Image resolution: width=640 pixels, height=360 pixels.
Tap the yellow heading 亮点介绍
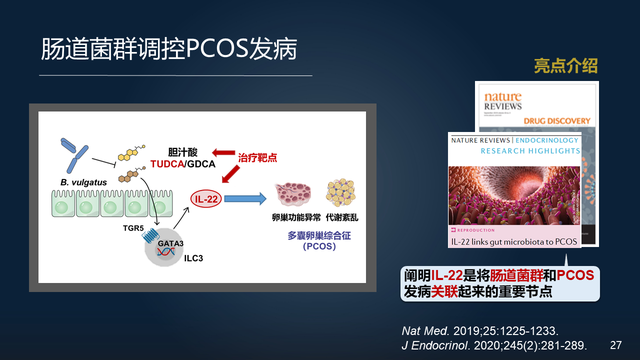[x=565, y=66]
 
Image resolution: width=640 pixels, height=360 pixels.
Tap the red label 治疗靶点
[x=258, y=157]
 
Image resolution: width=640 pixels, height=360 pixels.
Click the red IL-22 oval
[x=206, y=199]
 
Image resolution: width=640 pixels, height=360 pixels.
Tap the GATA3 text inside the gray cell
[x=167, y=241]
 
